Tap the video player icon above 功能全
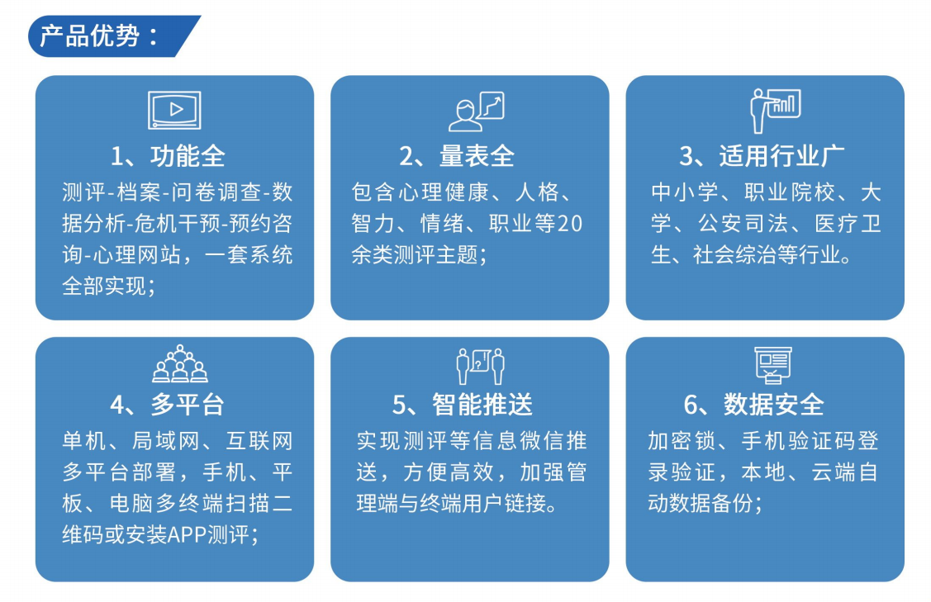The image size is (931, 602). pos(174,110)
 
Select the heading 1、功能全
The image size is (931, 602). pos(169,156)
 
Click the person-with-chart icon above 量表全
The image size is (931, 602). pos(476,111)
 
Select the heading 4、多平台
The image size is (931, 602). pos(168,404)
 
